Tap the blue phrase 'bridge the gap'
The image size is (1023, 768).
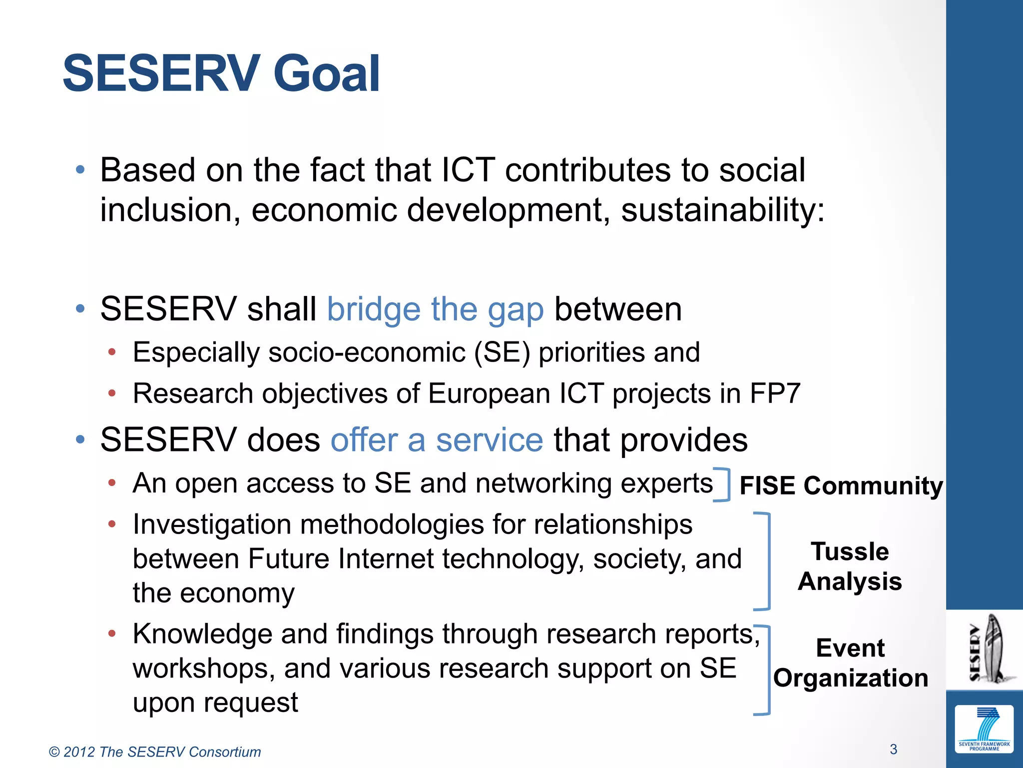435,309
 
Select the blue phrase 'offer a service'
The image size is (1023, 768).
437,440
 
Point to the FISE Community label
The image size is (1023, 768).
841,485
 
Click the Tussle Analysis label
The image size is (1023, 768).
850,566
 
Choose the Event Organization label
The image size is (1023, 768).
851,663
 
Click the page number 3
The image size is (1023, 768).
893,749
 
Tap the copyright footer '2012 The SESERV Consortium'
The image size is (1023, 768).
155,752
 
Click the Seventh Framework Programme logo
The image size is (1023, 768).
984,728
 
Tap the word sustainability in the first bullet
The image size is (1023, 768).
722,210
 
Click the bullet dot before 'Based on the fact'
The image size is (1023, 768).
80,170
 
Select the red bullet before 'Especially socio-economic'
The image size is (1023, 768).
112,352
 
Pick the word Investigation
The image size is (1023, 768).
212,525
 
